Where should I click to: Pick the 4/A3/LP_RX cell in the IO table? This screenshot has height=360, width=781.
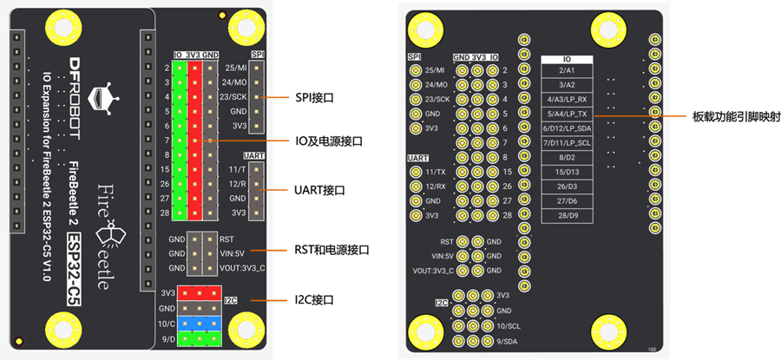click(x=573, y=99)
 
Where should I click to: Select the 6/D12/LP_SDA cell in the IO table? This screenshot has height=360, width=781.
click(x=573, y=128)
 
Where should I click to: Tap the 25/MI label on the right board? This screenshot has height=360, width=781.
click(x=436, y=70)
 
